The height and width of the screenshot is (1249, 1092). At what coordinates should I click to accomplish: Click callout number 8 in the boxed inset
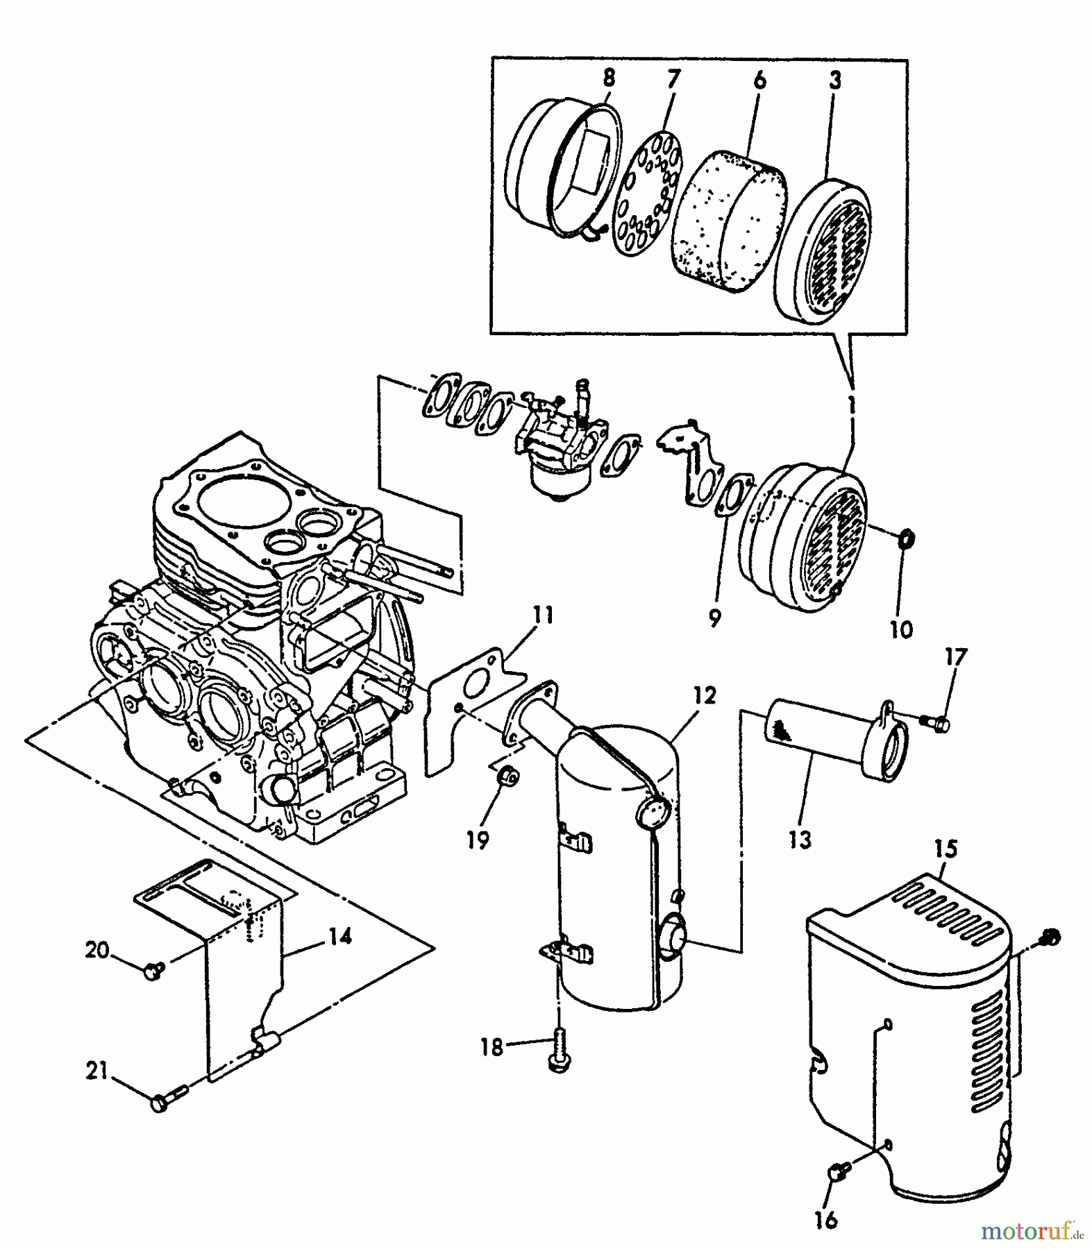click(609, 78)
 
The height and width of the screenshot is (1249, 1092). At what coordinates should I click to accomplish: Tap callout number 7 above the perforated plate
click(672, 78)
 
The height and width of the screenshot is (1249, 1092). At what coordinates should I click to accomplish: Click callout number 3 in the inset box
click(835, 80)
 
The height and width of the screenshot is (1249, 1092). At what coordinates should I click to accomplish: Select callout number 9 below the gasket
click(715, 618)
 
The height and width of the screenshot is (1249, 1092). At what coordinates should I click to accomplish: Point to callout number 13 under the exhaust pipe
click(800, 840)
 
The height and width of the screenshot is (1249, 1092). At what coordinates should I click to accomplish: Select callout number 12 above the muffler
click(704, 695)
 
